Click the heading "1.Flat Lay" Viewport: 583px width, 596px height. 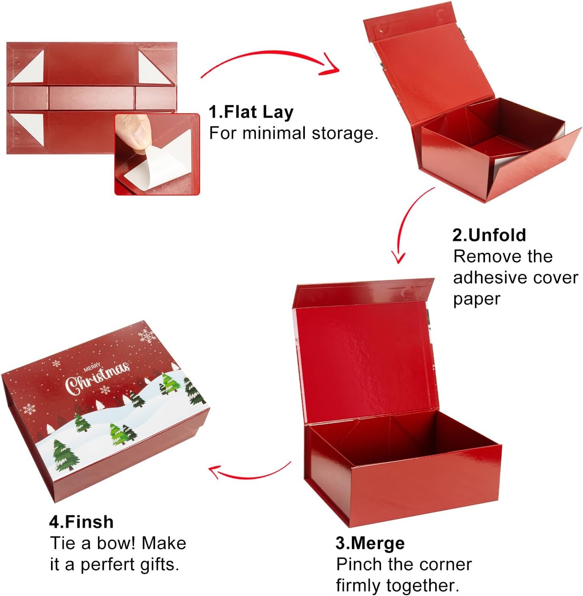pyautogui.click(x=251, y=112)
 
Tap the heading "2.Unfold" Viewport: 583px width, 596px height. pyautogui.click(x=489, y=235)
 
